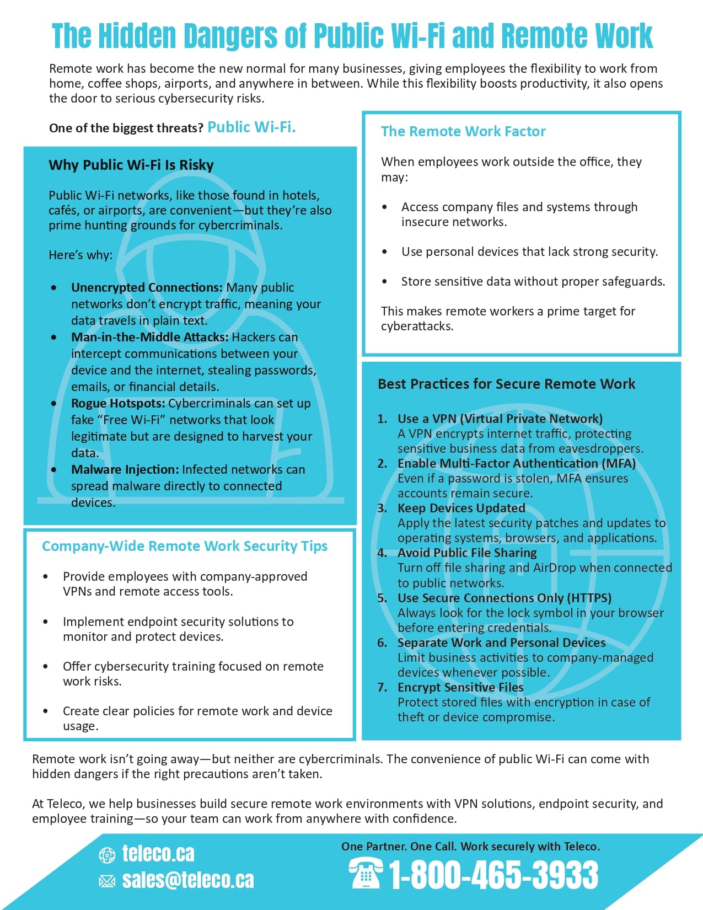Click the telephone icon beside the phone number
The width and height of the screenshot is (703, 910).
366,874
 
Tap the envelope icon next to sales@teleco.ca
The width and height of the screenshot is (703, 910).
106,881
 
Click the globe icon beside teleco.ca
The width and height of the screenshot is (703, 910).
106,855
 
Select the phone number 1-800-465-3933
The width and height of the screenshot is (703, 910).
493,875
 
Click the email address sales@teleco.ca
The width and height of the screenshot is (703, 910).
188,880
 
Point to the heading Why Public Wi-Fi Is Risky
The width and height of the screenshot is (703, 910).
131,165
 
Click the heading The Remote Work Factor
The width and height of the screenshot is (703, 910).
463,131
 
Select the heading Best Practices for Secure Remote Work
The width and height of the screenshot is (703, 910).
506,384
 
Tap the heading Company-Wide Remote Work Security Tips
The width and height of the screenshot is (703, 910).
185,546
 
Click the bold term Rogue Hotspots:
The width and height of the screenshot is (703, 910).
118,403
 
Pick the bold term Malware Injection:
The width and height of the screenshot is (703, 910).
125,469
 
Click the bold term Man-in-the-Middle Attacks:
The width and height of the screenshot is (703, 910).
149,337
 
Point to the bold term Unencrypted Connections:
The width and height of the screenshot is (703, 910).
147,287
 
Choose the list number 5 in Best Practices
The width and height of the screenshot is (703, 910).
382,598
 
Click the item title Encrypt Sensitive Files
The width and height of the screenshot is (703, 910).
460,687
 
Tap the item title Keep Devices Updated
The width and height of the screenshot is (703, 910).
461,508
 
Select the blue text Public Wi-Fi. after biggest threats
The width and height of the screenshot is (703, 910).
251,127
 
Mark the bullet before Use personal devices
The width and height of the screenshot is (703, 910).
384,252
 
